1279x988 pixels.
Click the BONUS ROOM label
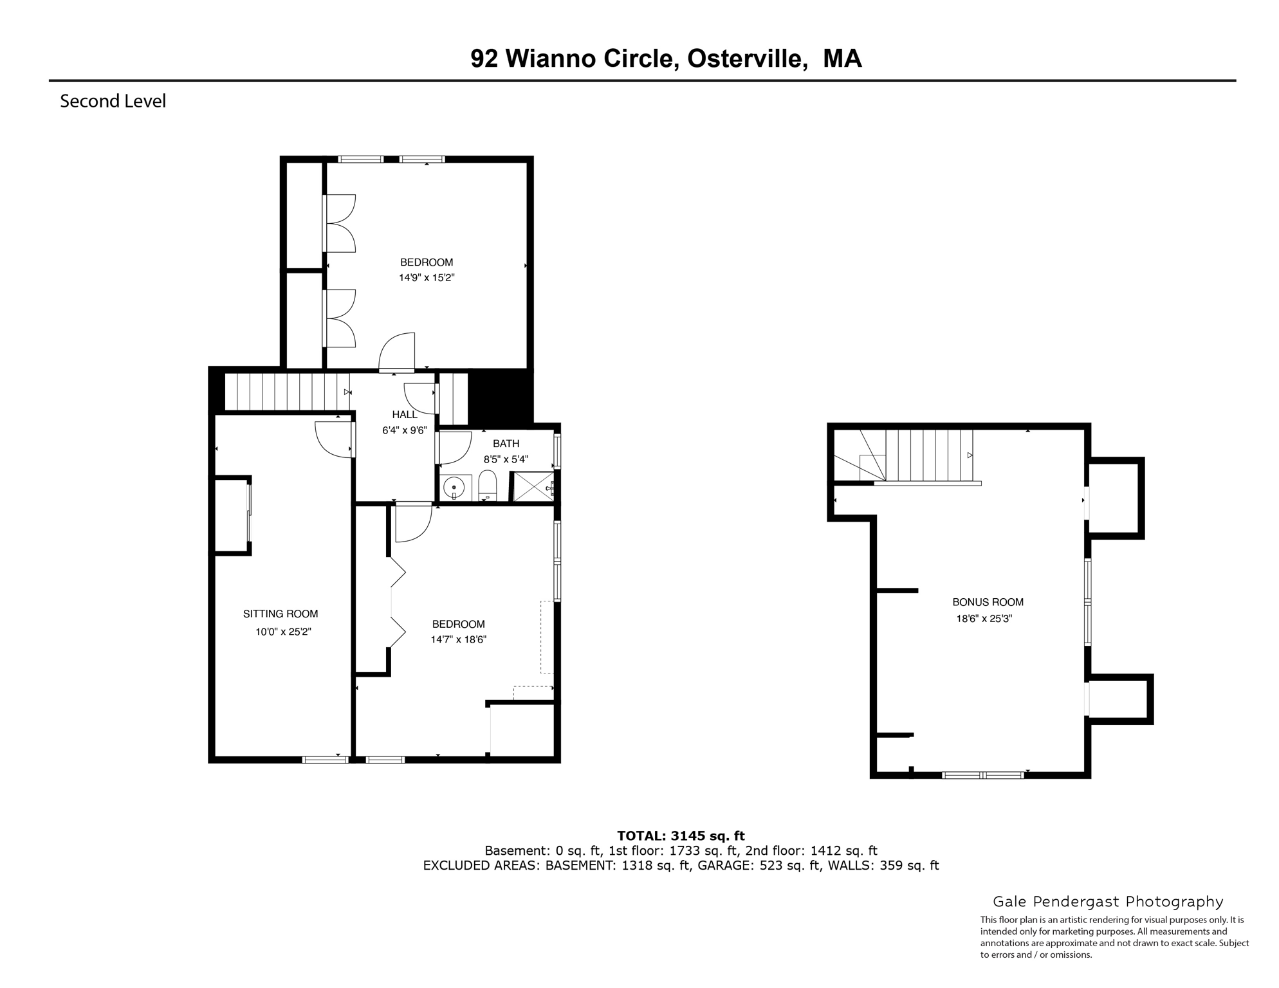988,602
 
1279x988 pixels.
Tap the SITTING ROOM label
281,614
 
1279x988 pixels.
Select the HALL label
405,415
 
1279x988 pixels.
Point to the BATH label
506,443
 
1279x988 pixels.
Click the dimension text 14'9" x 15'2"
427,278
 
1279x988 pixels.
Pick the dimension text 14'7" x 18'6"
458,639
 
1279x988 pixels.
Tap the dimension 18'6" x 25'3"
984,619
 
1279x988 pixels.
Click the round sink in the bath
455,487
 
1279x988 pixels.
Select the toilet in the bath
488,486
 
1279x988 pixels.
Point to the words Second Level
113,101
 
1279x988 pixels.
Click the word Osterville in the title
747,59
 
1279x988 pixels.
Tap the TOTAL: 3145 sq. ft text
681,836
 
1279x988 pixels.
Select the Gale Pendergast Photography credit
1108,902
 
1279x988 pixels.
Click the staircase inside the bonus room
928,455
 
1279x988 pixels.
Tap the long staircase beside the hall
286,392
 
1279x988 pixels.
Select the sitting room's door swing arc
333,440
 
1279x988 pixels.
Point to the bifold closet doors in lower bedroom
398,603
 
